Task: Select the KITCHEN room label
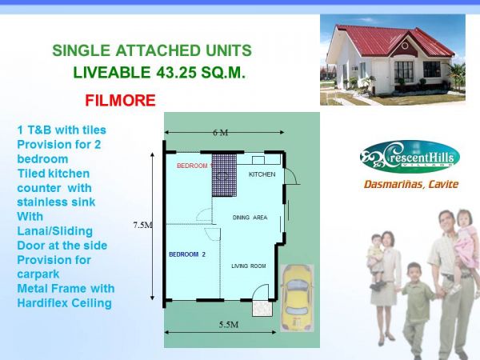point(262,174)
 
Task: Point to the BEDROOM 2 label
point(187,254)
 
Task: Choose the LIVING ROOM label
point(248,266)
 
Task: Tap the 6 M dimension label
point(220,133)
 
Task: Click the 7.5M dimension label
point(142,226)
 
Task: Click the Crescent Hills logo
point(408,157)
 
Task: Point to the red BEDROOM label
point(192,166)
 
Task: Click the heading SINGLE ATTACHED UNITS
point(152,51)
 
